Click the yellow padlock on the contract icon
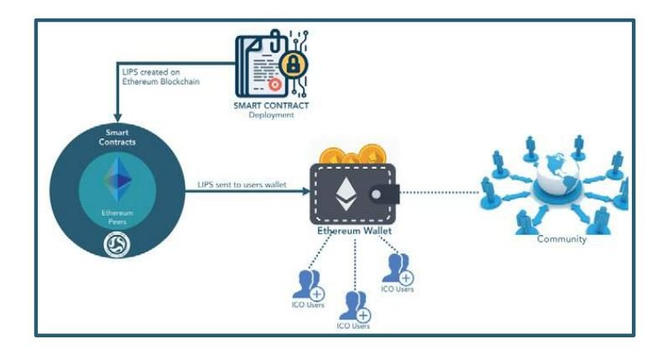[x=293, y=65]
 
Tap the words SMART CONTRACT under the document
[x=271, y=105]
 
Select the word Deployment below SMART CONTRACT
[x=271, y=115]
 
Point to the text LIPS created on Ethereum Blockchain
[x=160, y=76]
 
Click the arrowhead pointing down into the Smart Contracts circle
[x=117, y=117]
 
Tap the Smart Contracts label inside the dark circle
[x=117, y=137]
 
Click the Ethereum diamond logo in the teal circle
[x=117, y=180]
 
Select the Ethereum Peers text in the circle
[x=117, y=217]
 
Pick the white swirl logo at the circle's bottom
[x=117, y=245]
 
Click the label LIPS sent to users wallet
[x=242, y=185]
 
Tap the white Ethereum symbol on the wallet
[x=346, y=195]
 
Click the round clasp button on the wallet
[x=376, y=195]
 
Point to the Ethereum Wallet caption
[x=354, y=231]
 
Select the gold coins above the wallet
[x=352, y=155]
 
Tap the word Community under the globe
[x=561, y=239]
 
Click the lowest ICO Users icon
[x=354, y=306]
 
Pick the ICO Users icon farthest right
[x=398, y=269]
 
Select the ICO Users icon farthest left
[x=309, y=285]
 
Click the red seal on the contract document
[x=274, y=85]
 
